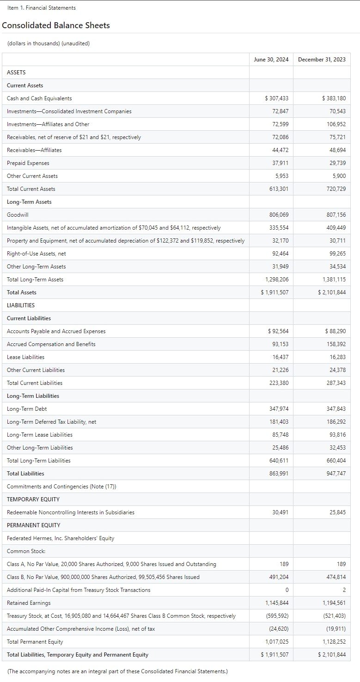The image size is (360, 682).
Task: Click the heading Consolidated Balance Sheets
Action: [x=56, y=25]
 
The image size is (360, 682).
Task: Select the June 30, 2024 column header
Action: [x=271, y=60]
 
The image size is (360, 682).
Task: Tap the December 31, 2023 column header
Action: [x=322, y=60]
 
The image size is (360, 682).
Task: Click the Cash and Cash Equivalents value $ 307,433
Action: [x=277, y=98]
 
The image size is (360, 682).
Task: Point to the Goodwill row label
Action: [x=18, y=215]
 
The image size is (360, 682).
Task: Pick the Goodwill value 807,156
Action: [x=336, y=215]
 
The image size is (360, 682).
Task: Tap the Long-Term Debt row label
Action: [x=27, y=409]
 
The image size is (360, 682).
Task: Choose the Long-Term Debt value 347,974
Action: [x=279, y=409]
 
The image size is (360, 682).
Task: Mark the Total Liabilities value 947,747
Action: [x=336, y=474]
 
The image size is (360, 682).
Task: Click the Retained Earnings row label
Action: [x=29, y=603]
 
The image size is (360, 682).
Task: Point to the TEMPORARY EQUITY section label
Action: [x=33, y=499]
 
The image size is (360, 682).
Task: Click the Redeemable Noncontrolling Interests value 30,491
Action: [x=281, y=512]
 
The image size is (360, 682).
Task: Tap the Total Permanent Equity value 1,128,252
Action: [x=334, y=642]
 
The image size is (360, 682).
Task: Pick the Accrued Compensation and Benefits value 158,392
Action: [x=336, y=344]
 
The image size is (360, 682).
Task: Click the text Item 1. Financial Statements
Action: [x=42, y=8]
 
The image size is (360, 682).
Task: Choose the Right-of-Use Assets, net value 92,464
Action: [x=281, y=254]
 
